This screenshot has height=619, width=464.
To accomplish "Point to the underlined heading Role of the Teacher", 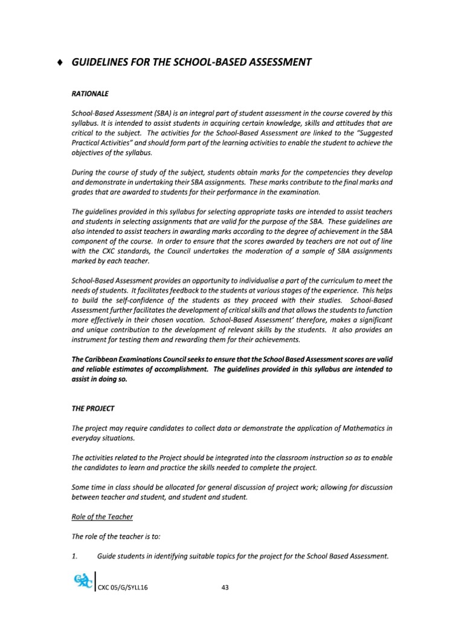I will [x=102, y=517].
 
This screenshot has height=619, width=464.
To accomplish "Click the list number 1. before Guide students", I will [x=76, y=556].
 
